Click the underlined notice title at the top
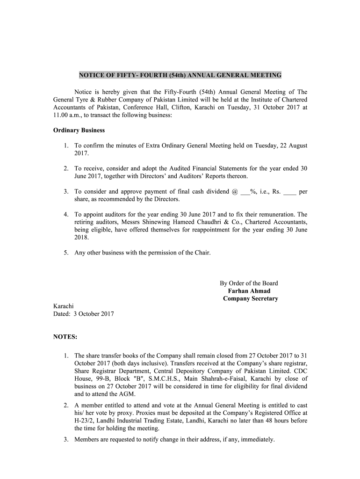(x=180, y=75)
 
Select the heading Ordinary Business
(x=79, y=130)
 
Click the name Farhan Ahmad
(x=249, y=291)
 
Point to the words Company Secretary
(x=250, y=298)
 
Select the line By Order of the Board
(x=249, y=283)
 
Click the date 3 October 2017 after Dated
(x=94, y=314)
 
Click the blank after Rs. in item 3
(x=289, y=192)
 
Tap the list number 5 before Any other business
(x=66, y=253)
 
